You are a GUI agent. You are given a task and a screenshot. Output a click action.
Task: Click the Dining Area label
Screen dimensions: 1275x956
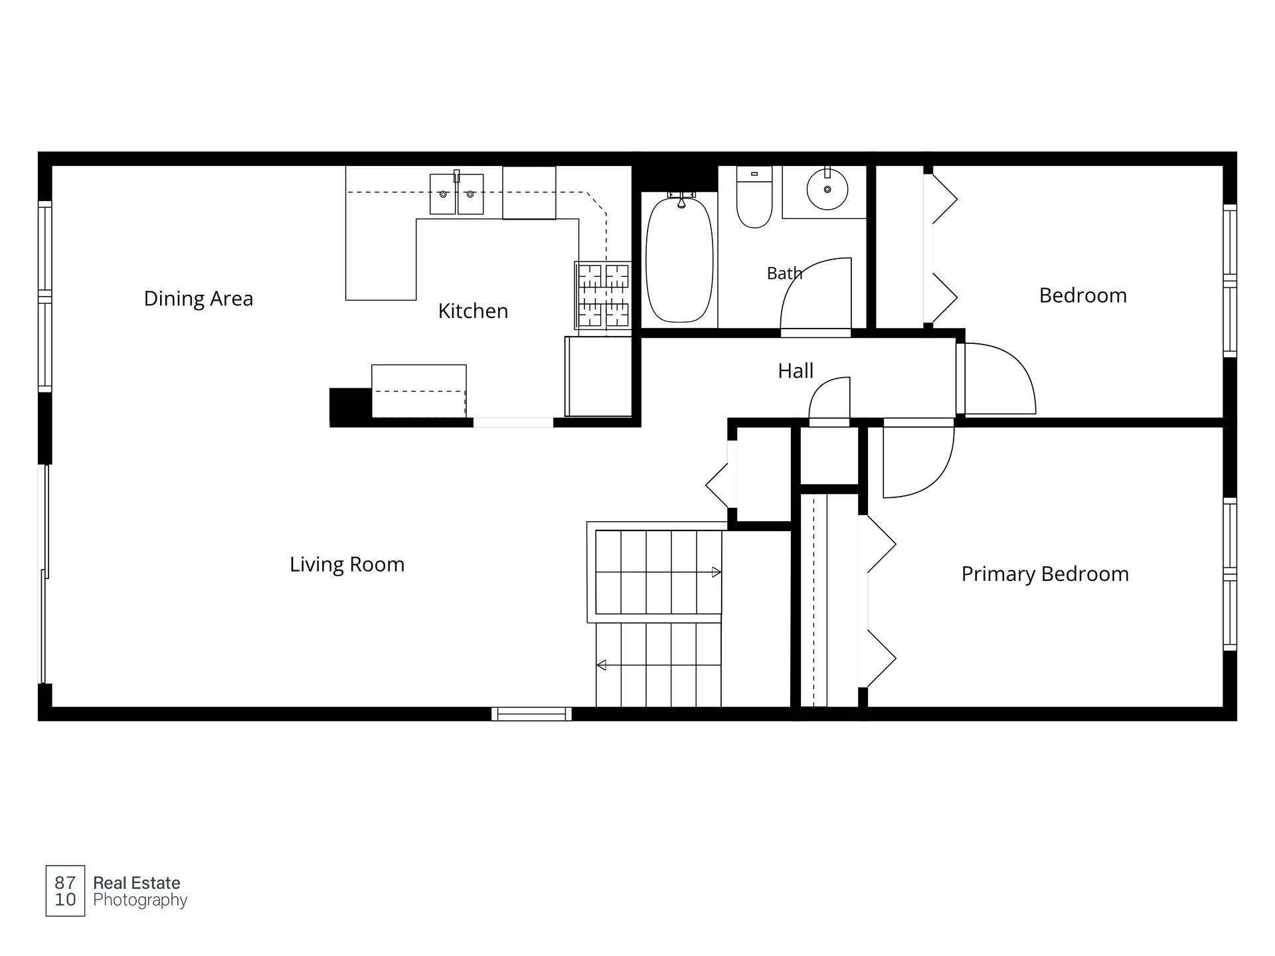199,299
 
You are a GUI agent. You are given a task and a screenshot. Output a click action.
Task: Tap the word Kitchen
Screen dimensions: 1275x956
473,311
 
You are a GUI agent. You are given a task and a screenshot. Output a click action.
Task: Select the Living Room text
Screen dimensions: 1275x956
347,564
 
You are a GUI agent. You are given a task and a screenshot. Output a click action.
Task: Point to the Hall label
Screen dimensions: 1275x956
796,370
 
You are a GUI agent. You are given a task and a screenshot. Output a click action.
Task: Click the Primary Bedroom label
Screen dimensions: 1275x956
1045,574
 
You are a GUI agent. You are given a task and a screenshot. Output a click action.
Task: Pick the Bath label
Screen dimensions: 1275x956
784,273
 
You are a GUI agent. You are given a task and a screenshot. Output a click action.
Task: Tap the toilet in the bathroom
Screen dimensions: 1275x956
754,197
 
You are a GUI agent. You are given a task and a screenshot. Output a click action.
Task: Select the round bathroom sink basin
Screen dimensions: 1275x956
827,189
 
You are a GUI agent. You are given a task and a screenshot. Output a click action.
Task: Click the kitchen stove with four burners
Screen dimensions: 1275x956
603,295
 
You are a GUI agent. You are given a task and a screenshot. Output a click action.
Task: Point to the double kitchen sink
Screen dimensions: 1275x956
457,194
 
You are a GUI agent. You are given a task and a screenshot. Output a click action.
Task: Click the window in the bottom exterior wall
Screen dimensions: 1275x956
531,714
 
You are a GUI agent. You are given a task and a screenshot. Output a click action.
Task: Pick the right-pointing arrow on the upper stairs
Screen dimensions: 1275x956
716,572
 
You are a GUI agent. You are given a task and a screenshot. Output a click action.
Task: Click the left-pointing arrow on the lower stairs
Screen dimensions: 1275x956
601,665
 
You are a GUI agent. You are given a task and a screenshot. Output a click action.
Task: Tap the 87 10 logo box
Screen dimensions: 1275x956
65,891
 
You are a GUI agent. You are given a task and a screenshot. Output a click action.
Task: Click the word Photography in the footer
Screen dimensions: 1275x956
140,900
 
